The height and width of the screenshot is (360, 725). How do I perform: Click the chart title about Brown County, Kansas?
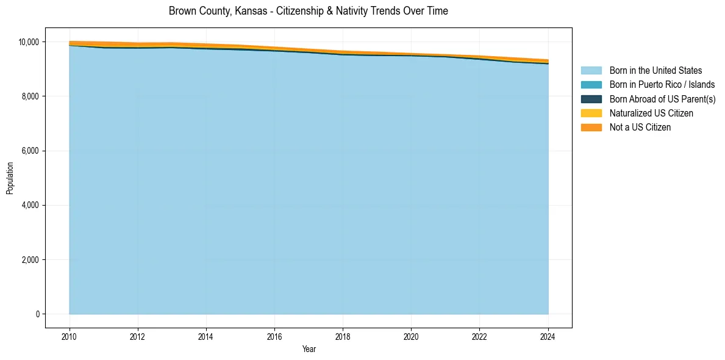(308, 11)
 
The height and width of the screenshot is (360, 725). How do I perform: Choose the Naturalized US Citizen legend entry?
(651, 113)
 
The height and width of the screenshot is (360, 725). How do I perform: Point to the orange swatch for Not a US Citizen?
(591, 127)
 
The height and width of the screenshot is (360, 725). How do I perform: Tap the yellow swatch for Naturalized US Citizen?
(591, 113)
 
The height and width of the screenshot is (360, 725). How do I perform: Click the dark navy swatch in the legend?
(591, 99)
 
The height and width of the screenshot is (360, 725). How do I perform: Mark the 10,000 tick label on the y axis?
(28, 42)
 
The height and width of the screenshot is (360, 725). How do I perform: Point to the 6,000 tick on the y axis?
(30, 151)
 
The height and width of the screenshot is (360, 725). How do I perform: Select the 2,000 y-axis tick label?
(30, 260)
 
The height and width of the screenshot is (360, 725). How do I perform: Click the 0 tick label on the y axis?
(37, 314)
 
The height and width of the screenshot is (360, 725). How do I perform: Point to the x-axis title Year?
(309, 349)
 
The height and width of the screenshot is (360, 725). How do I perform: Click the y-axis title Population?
(10, 178)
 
